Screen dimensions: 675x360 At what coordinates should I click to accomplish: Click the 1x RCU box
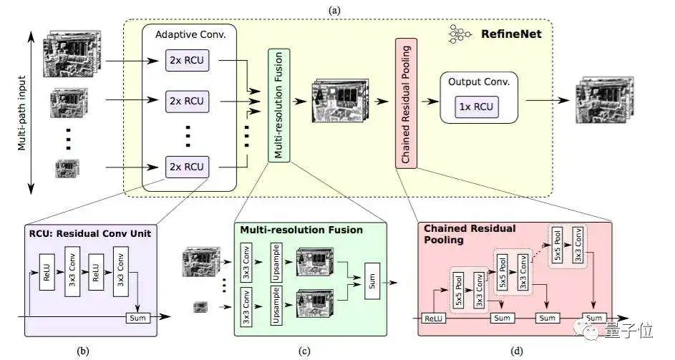pos(477,107)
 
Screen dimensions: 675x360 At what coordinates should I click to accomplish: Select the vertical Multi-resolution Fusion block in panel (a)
pos(278,105)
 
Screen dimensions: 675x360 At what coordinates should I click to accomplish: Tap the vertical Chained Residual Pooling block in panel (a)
pos(406,103)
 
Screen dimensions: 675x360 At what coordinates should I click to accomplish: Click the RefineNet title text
pos(511,34)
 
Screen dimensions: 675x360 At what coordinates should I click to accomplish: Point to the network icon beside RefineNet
pos(459,34)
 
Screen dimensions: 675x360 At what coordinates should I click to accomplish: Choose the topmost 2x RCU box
pos(188,60)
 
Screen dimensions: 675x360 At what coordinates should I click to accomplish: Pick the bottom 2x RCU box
pos(188,167)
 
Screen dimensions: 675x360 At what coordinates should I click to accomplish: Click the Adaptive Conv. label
pos(190,35)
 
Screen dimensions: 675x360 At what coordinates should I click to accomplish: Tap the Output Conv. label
pos(479,82)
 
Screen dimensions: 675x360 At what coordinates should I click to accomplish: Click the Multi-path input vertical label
pos(22,113)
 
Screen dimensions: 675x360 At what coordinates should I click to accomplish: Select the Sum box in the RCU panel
pos(137,318)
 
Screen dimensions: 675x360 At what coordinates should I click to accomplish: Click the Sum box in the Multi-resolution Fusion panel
pos(372,281)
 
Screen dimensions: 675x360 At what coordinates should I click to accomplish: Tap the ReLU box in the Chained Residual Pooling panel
pos(433,318)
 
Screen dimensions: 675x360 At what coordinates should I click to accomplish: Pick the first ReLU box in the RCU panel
pos(47,272)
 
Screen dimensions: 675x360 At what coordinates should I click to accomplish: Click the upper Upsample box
pos(276,263)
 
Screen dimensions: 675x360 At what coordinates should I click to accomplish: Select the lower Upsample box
pos(276,306)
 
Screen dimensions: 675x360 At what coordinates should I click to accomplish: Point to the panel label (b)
pos(82,351)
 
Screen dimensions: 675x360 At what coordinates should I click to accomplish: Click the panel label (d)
pos(517,351)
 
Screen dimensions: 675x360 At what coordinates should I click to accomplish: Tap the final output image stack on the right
pos(605,99)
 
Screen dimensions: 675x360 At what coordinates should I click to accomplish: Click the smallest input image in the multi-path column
pos(67,168)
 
